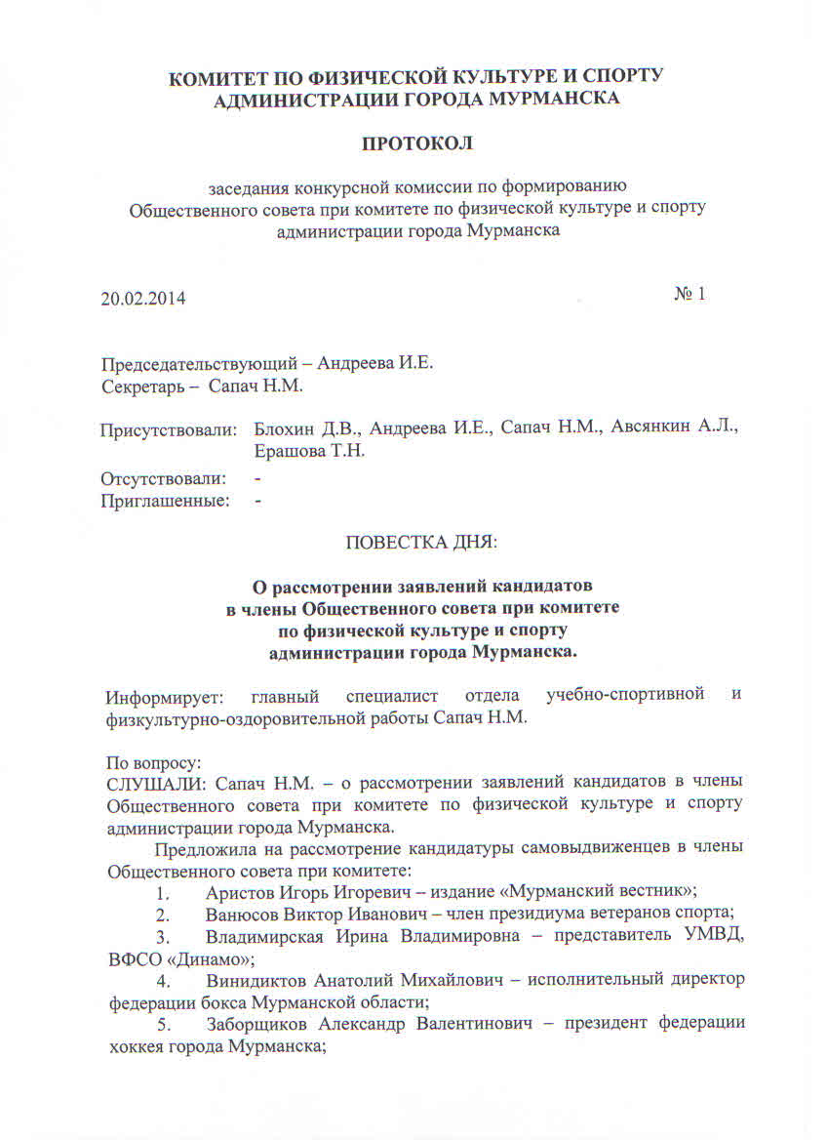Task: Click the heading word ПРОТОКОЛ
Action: click(x=416, y=143)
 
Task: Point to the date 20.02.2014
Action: click(x=142, y=298)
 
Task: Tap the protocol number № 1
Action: click(x=689, y=294)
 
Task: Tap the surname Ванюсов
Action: click(x=244, y=915)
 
